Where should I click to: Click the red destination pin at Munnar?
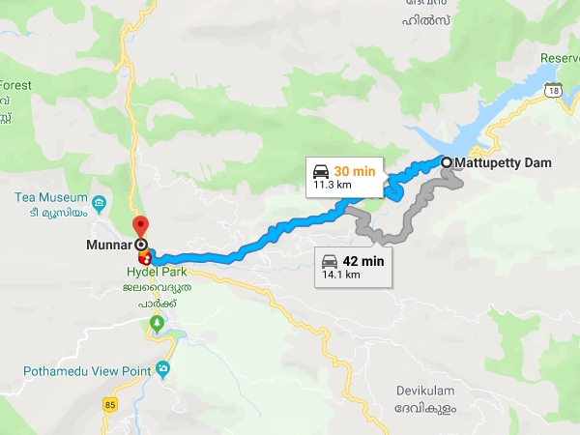pos(142,227)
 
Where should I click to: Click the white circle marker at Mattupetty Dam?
pos(447,162)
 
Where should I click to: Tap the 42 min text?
pos(364,261)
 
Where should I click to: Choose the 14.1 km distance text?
pos(342,275)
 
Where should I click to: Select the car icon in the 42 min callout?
pos(329,261)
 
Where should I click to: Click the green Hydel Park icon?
pos(156,322)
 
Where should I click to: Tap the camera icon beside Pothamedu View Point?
pos(162,368)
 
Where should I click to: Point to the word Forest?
pos(15,85)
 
